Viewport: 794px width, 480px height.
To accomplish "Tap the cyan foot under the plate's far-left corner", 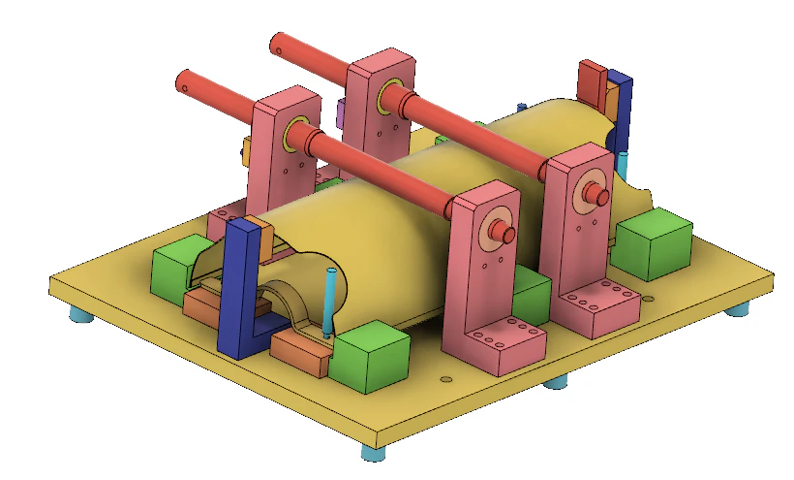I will pyautogui.click(x=79, y=316).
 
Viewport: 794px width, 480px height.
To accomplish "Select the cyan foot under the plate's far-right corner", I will pyautogui.click(x=739, y=309).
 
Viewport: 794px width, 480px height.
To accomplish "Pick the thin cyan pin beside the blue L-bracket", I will pyautogui.click(x=330, y=301).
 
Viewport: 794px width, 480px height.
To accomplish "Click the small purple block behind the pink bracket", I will pyautogui.click(x=341, y=114).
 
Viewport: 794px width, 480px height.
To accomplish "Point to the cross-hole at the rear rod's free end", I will pyautogui.click(x=277, y=46).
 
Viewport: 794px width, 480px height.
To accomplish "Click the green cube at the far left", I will pyautogui.click(x=175, y=267).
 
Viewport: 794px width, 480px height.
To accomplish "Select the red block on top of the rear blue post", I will pyautogui.click(x=593, y=81).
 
